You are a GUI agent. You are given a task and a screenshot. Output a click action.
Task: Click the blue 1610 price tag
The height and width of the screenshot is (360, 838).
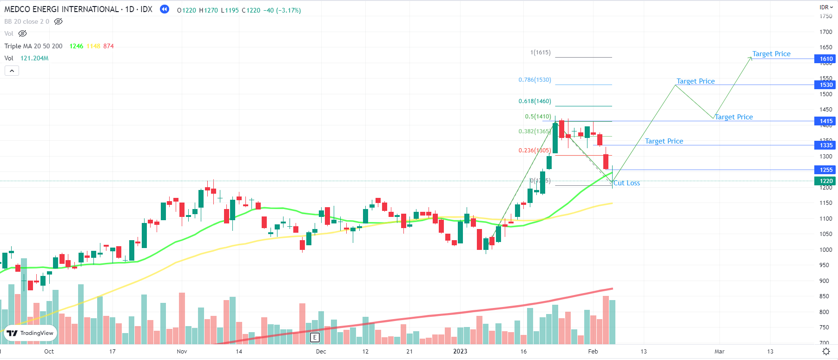[825, 59]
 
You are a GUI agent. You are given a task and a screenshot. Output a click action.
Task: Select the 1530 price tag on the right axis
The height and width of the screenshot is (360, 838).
[825, 85]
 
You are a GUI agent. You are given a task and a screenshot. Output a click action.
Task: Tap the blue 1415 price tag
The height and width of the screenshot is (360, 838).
[825, 121]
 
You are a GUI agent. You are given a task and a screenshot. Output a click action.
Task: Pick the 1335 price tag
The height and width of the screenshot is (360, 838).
[825, 145]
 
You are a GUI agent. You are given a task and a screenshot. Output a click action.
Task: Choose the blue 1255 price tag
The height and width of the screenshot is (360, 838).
[825, 170]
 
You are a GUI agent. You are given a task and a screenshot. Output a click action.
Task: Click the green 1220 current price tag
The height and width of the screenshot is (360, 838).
[825, 181]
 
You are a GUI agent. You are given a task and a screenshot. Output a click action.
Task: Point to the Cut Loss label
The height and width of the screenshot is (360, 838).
[627, 183]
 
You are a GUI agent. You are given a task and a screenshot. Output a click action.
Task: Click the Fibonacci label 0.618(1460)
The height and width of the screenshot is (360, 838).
[534, 101]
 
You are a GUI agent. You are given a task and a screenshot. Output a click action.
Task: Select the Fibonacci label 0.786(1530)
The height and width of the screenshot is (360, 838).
[534, 80]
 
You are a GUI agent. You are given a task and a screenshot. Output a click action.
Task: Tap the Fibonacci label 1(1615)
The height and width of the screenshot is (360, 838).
[540, 52]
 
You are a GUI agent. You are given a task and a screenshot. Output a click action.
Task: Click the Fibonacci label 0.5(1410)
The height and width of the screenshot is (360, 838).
[538, 117]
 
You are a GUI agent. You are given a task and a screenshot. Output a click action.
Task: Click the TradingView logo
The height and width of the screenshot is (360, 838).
[31, 333]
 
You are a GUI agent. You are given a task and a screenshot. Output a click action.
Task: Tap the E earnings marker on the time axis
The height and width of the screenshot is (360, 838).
[315, 338]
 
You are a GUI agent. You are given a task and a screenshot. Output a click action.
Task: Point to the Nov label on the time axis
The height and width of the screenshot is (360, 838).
[182, 352]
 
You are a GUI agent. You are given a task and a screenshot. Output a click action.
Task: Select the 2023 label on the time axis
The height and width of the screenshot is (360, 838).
[460, 352]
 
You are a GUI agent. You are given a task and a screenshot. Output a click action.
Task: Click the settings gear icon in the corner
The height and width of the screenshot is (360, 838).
[826, 352]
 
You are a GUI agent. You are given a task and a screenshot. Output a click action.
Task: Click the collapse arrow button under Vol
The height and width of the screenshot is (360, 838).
[12, 71]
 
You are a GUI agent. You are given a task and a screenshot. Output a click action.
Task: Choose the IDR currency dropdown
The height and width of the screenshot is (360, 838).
[826, 7]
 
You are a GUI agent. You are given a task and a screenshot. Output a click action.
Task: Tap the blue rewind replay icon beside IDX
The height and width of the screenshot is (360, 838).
[165, 9]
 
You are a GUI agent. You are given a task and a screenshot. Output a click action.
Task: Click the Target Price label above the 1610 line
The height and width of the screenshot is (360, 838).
[771, 54]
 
